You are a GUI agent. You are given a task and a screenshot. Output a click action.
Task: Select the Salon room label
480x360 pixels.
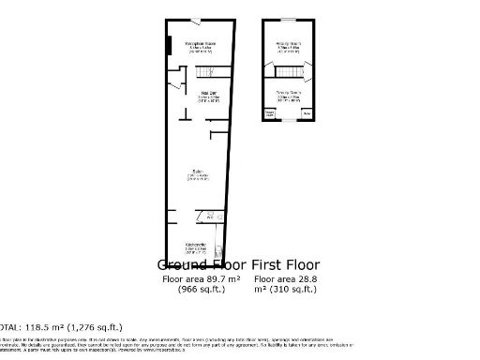tap(196, 174)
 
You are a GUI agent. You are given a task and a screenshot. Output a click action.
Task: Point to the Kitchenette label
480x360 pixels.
tap(195, 248)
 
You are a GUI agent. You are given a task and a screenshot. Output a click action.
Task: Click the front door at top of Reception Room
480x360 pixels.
tap(195, 22)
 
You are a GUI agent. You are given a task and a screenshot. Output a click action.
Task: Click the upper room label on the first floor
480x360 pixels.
tap(287, 45)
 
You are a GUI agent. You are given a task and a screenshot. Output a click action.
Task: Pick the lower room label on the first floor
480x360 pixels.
tap(287, 96)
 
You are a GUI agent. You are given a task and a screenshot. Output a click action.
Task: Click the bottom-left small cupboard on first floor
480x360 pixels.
tap(270, 114)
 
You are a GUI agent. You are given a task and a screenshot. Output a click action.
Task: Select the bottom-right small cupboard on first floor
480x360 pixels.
tap(306, 114)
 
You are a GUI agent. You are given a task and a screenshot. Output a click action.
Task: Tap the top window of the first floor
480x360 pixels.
tap(287, 20)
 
